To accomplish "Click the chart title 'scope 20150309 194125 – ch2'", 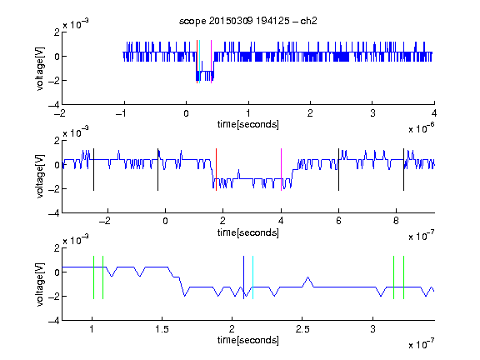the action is [248, 21].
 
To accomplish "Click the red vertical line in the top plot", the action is [197, 62].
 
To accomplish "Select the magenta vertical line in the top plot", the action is [211, 62].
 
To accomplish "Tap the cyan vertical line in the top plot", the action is [200, 62].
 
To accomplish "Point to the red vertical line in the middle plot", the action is [216, 170].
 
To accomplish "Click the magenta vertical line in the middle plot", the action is [281, 170].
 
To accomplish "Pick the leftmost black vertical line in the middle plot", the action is [93, 170].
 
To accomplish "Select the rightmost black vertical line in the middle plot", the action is [403, 170].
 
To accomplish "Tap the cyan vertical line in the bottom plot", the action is [252, 277].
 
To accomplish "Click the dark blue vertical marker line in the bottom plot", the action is [243, 277].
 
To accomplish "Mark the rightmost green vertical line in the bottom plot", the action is [404, 277].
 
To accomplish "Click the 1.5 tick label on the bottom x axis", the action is [162, 329].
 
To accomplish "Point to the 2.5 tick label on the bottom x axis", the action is [302, 329].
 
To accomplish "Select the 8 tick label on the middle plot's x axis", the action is [396, 221].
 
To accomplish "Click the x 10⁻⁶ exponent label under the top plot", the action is [422, 128].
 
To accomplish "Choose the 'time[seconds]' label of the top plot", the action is [248, 124].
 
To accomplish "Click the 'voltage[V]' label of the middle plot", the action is [40, 177].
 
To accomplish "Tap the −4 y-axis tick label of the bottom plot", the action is [54, 321].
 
